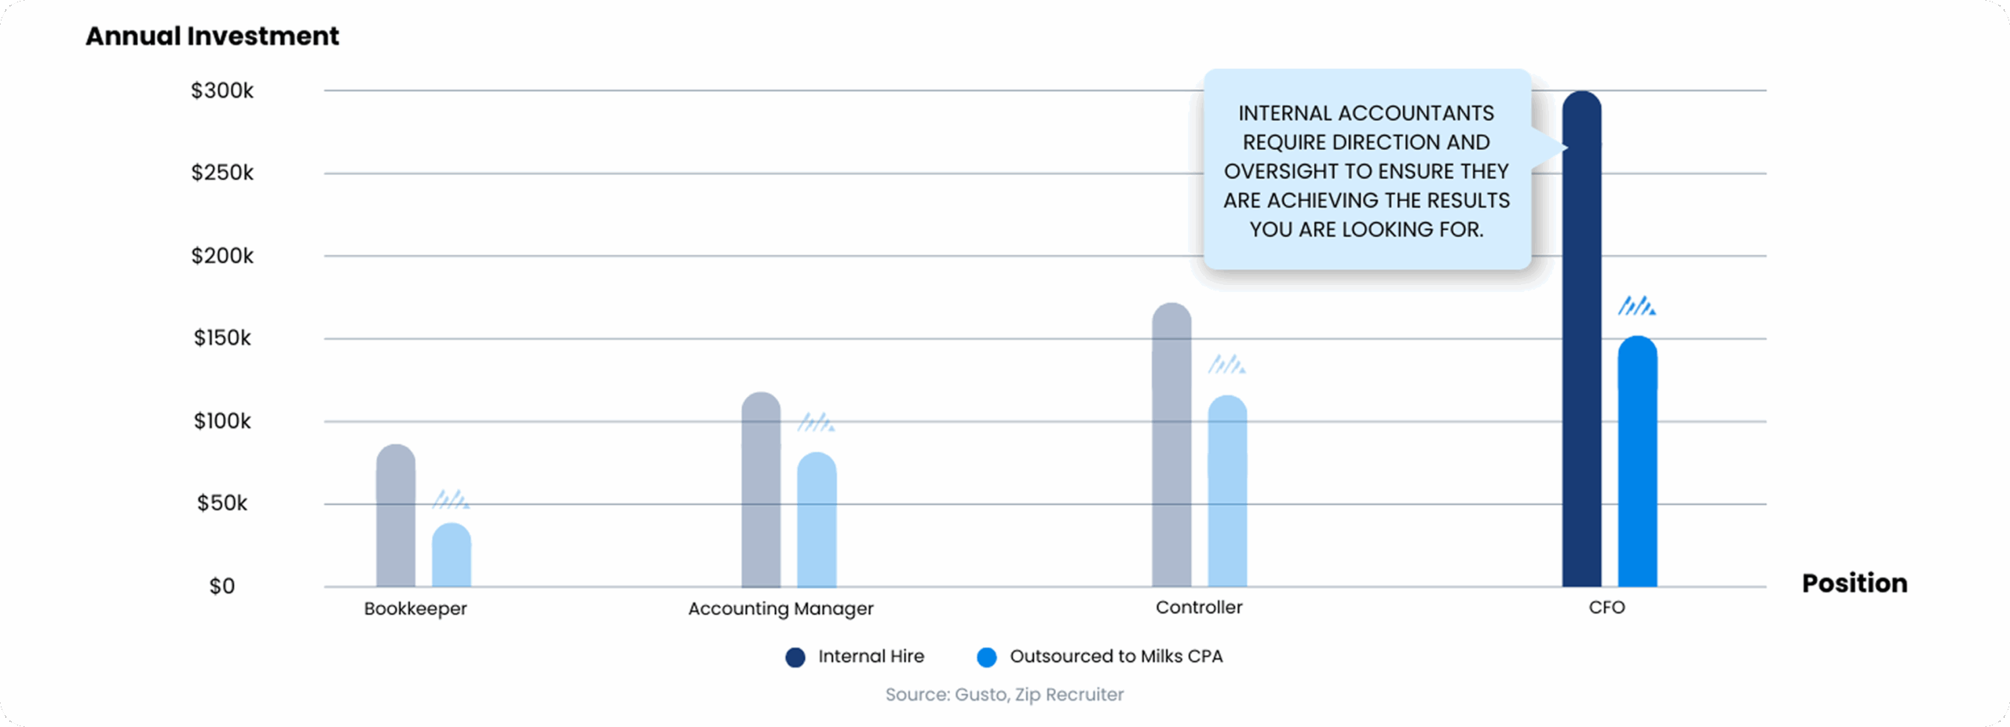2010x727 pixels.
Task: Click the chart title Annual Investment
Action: pos(212,36)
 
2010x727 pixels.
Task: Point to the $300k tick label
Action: pos(222,91)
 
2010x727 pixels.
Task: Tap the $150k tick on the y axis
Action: pos(222,338)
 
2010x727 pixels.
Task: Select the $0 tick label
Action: pos(221,586)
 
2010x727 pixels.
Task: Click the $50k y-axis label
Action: pos(222,503)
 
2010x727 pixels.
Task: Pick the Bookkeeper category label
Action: pos(415,608)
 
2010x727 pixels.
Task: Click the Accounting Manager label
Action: pos(780,608)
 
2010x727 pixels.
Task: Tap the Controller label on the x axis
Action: pos(1198,608)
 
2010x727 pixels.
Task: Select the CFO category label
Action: pos(1606,608)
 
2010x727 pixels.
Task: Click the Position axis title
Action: pos(1854,583)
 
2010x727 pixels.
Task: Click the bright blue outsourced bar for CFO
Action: pos(1637,463)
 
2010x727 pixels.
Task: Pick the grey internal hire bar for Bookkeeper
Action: pos(396,518)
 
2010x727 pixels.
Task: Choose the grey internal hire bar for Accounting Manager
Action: pos(761,491)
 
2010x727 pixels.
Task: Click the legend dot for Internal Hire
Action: pos(795,657)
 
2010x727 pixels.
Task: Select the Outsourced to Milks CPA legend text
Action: pos(1116,656)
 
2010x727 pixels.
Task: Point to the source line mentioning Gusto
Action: pos(1004,695)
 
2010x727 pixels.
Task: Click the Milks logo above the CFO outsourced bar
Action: pos(1636,306)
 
